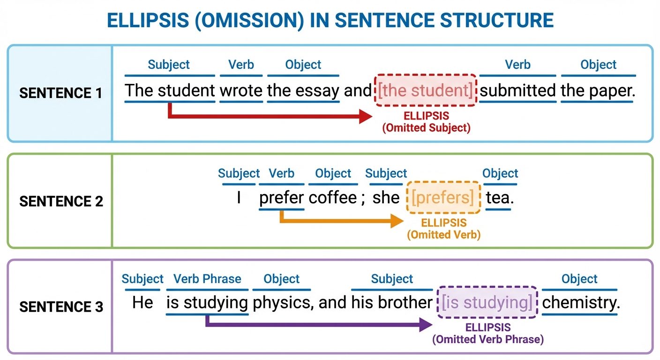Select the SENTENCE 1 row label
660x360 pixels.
pyautogui.click(x=60, y=93)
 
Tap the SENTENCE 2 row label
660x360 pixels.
pyautogui.click(x=60, y=202)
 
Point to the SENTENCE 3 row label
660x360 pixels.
pyautogui.click(x=60, y=307)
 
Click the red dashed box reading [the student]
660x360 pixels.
pyautogui.click(x=426, y=90)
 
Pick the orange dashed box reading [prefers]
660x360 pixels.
pyautogui.click(x=443, y=197)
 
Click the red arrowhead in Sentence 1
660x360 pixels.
pyautogui.click(x=366, y=116)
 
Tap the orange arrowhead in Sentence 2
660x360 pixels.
pyautogui.click(x=397, y=222)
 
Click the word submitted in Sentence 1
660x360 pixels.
pyautogui.click(x=517, y=90)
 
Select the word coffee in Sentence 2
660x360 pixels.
pyautogui.click(x=333, y=197)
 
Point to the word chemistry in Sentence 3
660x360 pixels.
pyautogui.click(x=581, y=303)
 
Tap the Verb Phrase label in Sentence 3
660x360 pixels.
pyautogui.click(x=207, y=279)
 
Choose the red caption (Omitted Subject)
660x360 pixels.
pyautogui.click(x=426, y=127)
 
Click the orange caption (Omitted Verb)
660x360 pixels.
pyautogui.click(x=443, y=234)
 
